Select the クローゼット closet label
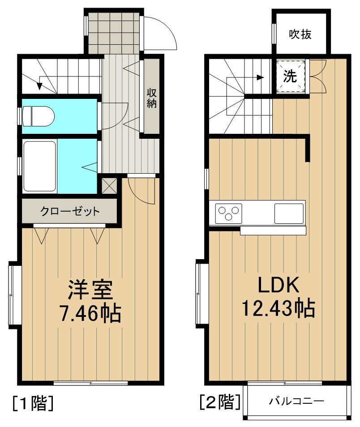70,211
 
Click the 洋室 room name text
90,290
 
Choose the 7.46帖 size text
90,313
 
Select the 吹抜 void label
300,34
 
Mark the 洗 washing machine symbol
290,77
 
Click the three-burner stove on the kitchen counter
228,212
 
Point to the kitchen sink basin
289,213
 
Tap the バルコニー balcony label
296,401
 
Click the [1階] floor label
34,403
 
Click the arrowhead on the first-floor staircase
40,83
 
